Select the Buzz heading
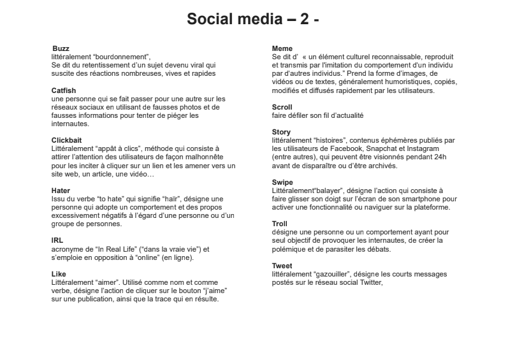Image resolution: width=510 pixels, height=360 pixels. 61,48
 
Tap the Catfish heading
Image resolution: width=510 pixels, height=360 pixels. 64,90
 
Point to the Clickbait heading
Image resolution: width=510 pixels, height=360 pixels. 66,140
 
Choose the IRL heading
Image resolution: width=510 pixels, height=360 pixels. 57,240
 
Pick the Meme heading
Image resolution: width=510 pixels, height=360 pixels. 282,48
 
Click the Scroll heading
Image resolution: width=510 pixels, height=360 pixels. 282,108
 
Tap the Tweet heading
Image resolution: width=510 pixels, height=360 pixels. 282,266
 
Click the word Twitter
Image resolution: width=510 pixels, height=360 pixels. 367,282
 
